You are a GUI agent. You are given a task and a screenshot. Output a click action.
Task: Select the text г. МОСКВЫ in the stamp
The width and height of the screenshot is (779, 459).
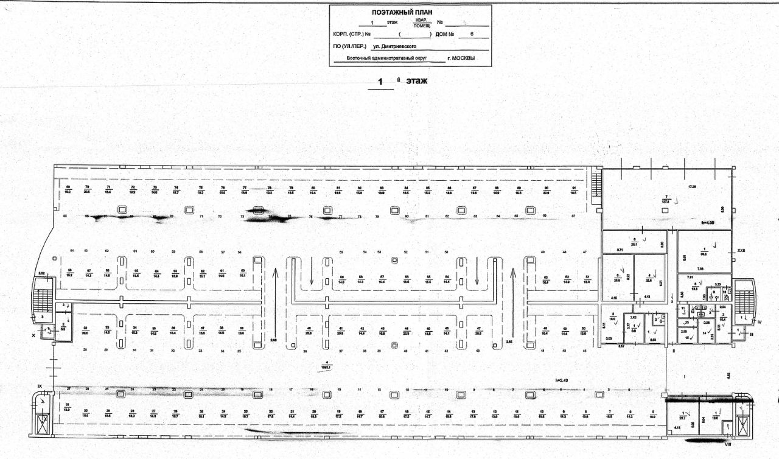460,58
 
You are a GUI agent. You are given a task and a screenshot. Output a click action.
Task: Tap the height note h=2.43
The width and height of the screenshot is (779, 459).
553,380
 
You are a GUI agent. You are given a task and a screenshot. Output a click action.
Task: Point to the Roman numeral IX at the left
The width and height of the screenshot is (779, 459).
40,386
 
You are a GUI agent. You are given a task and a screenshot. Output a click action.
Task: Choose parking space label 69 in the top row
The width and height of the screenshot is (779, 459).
68,189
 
